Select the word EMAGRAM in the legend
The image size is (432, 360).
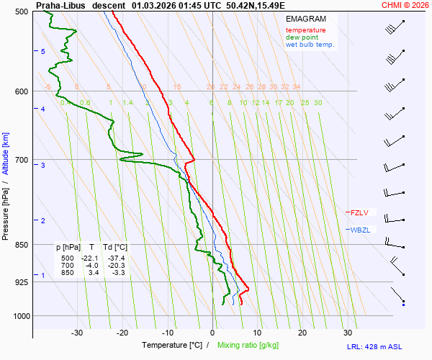pyautogui.click(x=305, y=19)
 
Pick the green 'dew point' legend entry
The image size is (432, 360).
pyautogui.click(x=302, y=37)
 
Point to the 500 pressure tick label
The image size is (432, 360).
pyautogui.click(x=21, y=12)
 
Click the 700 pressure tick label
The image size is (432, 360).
pyautogui.click(x=21, y=160)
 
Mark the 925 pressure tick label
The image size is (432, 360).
pyautogui.click(x=21, y=282)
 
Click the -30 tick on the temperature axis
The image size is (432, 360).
pyautogui.click(x=77, y=333)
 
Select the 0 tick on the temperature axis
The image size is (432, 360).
pyautogui.click(x=212, y=333)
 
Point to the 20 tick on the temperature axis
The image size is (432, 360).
pyautogui.click(x=302, y=333)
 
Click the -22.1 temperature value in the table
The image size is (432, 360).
pyautogui.click(x=89, y=258)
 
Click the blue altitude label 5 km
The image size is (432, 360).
pyautogui.click(x=42, y=51)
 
